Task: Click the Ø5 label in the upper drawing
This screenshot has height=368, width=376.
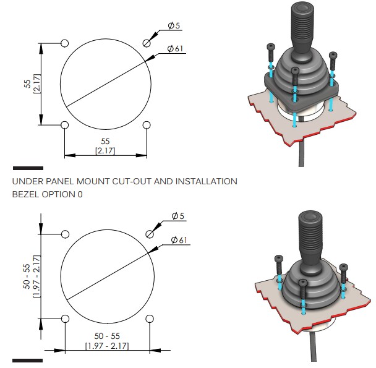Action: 175,26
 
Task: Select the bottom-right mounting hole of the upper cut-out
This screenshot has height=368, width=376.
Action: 147,126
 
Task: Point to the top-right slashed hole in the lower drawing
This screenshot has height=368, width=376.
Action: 149,234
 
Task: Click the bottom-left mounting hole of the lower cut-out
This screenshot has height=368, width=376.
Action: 65,319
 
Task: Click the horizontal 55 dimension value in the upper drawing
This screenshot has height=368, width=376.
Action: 105,142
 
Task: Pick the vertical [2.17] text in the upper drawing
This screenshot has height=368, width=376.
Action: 36,84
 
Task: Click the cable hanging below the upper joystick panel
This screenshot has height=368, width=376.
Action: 301,155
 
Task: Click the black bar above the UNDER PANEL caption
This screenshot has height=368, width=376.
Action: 28,168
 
